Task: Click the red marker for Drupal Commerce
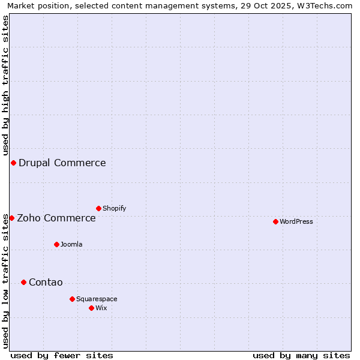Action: (x=13, y=163)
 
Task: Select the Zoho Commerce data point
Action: (x=11, y=218)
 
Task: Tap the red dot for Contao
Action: (x=23, y=282)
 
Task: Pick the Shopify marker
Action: (x=98, y=208)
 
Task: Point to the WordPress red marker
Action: (x=275, y=221)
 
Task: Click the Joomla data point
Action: (x=56, y=244)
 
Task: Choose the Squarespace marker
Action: (x=72, y=299)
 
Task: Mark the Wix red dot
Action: (x=91, y=308)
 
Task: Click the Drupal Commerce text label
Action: (x=62, y=163)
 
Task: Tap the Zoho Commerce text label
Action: (x=56, y=218)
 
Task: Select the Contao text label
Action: (x=46, y=283)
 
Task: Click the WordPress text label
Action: (x=296, y=221)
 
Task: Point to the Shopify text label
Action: (x=114, y=208)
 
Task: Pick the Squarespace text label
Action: (x=97, y=299)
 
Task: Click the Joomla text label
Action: (x=71, y=244)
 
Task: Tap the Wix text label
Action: (x=101, y=308)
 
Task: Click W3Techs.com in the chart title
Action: (x=323, y=5)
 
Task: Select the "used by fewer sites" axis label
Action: (x=62, y=355)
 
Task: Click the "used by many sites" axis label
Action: (x=301, y=355)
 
